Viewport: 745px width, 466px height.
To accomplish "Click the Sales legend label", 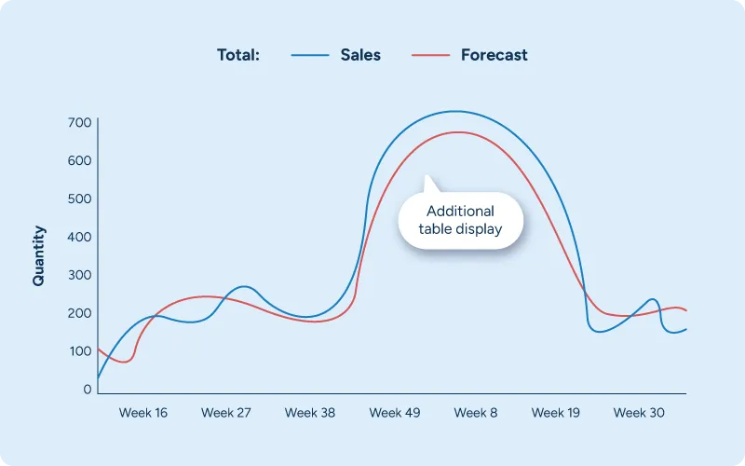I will coord(360,55).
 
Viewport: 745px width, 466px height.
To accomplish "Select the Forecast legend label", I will coord(494,55).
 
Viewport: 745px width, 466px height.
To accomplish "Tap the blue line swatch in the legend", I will coord(310,55).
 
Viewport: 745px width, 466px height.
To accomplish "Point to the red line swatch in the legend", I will coord(430,55).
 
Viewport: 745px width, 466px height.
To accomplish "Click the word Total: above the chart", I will coord(238,55).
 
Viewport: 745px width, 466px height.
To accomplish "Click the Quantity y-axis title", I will coord(39,255).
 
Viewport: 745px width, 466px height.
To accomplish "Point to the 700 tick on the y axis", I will coord(79,123).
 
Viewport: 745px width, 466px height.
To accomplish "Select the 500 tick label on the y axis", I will coord(79,199).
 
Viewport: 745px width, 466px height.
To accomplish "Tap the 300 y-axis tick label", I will coord(79,275).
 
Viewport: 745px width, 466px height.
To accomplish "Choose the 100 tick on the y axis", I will coord(79,351).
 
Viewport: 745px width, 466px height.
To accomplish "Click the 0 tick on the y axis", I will coord(87,390).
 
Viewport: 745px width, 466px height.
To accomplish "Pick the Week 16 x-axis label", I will coord(143,413).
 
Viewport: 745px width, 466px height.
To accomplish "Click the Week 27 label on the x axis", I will coord(226,413).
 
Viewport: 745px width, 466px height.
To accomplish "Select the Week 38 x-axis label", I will coord(310,413).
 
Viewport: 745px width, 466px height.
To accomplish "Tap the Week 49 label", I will coord(394,413).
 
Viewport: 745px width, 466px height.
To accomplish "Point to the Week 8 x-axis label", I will coord(476,413).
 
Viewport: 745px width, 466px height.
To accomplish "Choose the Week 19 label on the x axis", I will coord(556,413).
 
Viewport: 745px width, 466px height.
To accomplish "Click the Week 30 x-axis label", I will coord(639,413).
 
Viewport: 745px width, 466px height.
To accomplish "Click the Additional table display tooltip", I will coord(460,221).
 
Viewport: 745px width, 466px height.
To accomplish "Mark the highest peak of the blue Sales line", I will coord(454,112).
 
